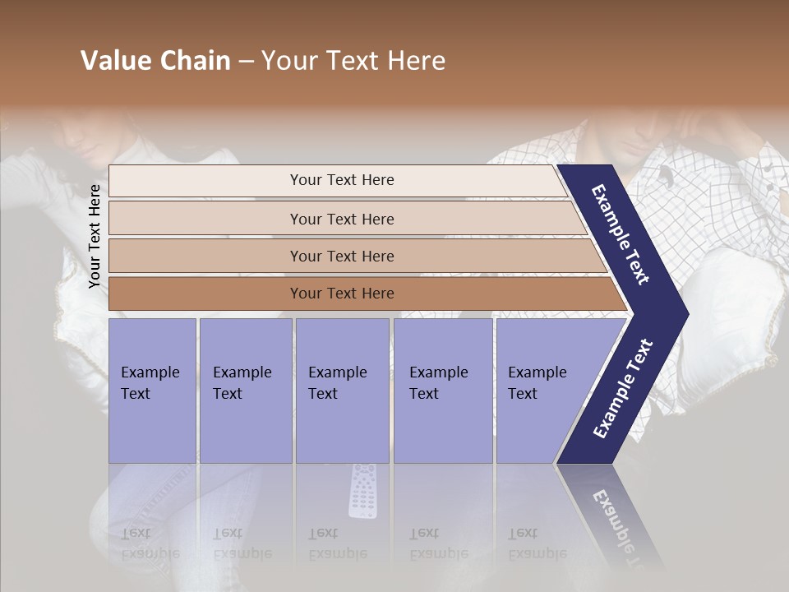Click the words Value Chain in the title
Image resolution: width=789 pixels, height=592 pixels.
pos(155,61)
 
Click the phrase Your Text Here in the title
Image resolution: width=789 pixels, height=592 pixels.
pos(353,61)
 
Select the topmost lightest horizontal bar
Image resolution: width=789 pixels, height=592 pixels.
pos(205,180)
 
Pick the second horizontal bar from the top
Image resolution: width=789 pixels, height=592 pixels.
pos(205,219)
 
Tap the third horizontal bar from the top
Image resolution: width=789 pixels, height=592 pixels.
pos(205,256)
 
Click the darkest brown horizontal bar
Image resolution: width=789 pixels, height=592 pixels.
pos(205,294)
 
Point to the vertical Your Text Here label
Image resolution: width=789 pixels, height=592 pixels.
pos(95,236)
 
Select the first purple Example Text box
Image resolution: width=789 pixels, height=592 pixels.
pos(152,391)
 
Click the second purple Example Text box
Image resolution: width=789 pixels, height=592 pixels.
pos(245,391)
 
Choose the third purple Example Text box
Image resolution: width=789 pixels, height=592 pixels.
pos(342,391)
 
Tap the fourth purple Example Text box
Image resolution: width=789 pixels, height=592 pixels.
pos(443,391)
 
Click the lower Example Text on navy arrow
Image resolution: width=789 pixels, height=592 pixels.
pos(623,388)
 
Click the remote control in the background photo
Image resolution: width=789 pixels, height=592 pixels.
pos(362,490)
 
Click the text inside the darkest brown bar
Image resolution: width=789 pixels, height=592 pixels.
pos(342,294)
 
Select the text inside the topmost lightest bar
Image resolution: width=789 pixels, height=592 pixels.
pos(342,180)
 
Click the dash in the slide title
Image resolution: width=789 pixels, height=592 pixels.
pos(246,62)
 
